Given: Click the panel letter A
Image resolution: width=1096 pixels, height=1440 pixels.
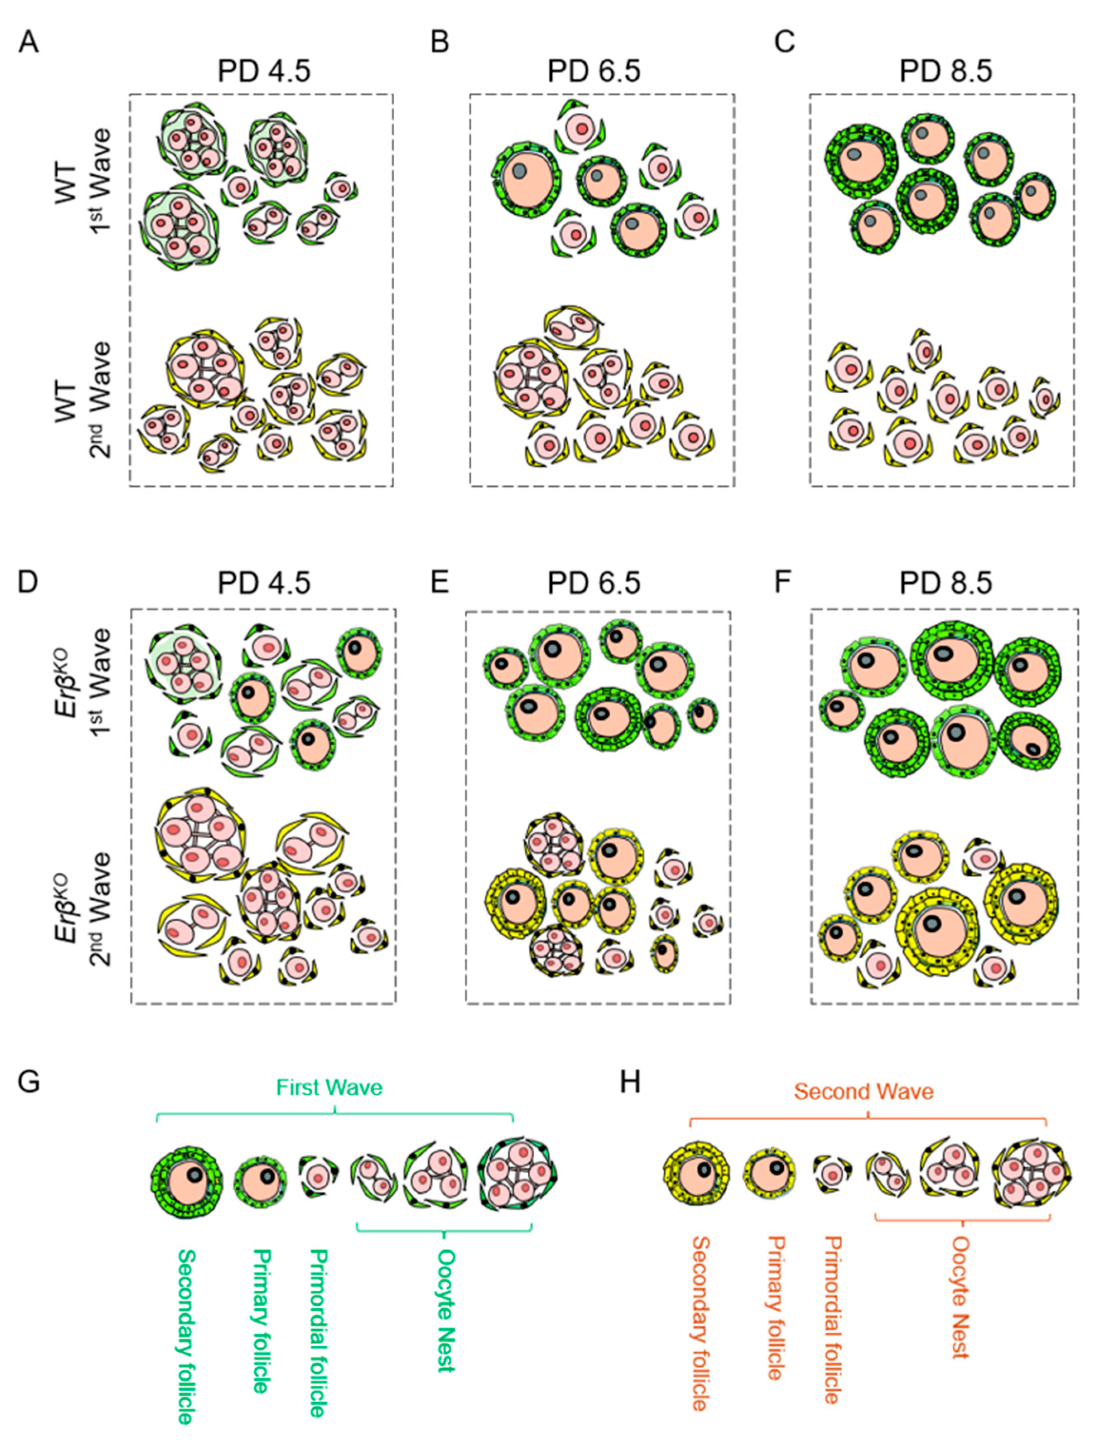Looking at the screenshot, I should (29, 43).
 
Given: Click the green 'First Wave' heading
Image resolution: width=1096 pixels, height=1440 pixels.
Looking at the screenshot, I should (329, 1088).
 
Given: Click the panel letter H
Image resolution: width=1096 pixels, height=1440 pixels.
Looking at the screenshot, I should (630, 1083).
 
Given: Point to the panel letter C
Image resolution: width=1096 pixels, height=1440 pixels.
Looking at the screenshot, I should (784, 43).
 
